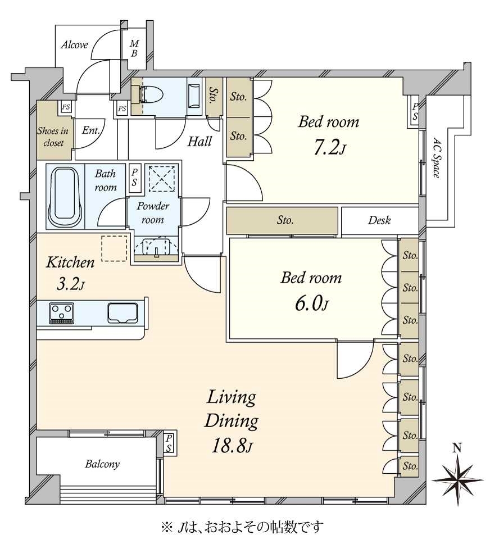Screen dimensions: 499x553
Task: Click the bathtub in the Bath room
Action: (66, 197)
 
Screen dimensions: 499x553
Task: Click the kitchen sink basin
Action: (123, 313)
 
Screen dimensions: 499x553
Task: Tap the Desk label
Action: (379, 220)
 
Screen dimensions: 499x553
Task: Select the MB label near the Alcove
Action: (134, 48)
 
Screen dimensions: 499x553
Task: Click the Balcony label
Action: (102, 464)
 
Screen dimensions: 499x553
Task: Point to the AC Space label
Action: (437, 157)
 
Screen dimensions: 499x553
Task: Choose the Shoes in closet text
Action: (53, 137)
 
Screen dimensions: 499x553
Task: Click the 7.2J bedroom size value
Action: (329, 148)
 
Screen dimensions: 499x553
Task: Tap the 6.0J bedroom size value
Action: (311, 303)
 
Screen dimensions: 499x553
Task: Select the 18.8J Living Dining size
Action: (232, 446)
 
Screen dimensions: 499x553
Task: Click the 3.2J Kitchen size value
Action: (70, 284)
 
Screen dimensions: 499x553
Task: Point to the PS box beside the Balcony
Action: (169, 443)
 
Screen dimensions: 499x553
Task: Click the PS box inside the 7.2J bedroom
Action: (415, 112)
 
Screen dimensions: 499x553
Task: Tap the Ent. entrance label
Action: (91, 130)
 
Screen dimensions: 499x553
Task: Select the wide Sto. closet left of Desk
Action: (282, 221)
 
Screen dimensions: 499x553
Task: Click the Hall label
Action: (199, 142)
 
